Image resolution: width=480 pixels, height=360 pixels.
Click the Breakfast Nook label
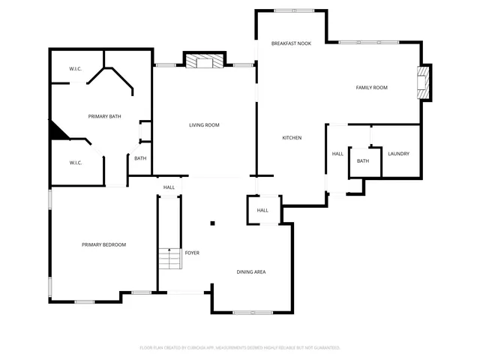[291, 43]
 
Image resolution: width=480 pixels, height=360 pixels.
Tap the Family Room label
[371, 88]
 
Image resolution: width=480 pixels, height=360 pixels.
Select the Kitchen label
[292, 137]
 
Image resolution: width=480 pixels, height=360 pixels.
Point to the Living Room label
[204, 124]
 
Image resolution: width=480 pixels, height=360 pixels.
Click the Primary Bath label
[104, 116]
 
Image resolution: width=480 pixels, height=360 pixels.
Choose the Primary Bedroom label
[103, 244]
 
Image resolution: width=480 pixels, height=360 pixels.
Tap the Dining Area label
[251, 271]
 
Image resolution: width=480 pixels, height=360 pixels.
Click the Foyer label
[192, 253]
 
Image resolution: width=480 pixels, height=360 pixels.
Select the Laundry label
[398, 154]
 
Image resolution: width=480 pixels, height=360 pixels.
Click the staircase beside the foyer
[170, 259]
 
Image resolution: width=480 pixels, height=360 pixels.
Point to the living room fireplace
[205, 62]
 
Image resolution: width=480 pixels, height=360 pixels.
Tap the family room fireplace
[424, 82]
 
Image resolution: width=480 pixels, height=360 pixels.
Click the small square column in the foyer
[213, 223]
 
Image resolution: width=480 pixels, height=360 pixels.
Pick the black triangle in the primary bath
[58, 131]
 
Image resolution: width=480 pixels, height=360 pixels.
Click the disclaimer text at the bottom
[240, 347]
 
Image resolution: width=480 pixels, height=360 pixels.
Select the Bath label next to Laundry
[363, 161]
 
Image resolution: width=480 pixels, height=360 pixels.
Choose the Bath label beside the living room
[140, 157]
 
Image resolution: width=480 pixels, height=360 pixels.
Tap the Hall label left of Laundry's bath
[337, 154]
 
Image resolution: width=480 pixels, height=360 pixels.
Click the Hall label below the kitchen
[262, 210]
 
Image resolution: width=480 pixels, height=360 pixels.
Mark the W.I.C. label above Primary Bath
[75, 69]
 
